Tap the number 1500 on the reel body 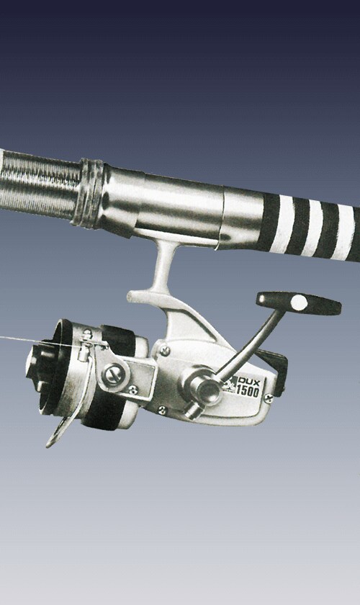[x=248, y=391]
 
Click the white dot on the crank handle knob [x=299, y=302]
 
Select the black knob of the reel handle [x=299, y=303]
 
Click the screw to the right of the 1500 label [x=269, y=398]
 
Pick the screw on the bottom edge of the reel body [x=163, y=410]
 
